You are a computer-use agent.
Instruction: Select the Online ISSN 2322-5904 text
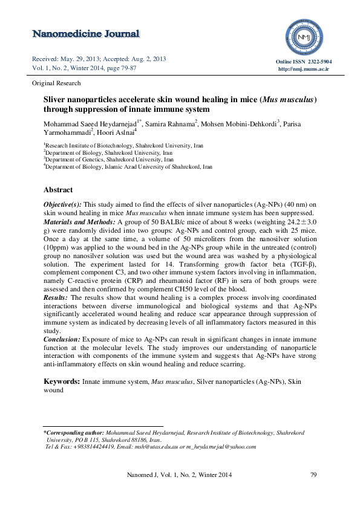point(304,62)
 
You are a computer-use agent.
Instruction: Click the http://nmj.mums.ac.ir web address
point(304,70)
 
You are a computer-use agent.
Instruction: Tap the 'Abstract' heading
point(58,190)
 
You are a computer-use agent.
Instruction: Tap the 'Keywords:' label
point(62,382)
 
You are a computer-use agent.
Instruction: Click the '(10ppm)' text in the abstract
point(56,247)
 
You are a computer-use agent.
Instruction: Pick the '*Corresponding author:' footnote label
point(73,433)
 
